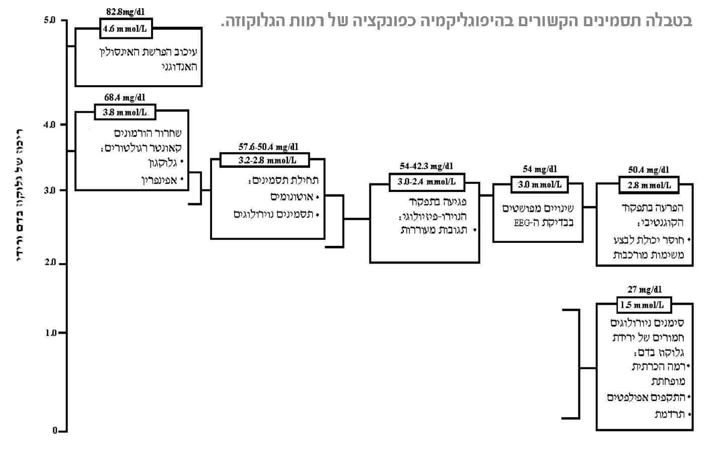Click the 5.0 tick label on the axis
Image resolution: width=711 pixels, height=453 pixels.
click(50, 21)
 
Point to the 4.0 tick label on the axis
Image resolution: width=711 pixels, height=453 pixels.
click(50, 124)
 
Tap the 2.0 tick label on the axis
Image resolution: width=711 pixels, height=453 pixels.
click(50, 263)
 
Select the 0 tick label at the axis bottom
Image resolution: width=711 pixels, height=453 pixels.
click(55, 431)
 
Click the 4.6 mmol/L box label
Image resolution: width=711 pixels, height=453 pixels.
click(125, 29)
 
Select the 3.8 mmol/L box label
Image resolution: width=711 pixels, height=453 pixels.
click(125, 112)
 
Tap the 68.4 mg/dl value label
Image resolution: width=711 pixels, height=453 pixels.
click(125, 98)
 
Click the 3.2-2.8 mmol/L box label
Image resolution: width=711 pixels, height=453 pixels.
click(267, 161)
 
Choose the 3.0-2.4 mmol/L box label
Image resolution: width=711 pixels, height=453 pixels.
click(426, 181)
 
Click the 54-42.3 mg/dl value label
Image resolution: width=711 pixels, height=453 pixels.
click(426, 166)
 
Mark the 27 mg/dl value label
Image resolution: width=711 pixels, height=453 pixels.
click(645, 290)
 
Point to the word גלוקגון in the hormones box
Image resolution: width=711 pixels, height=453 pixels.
click(161, 163)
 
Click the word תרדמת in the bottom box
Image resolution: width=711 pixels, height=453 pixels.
click(669, 414)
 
